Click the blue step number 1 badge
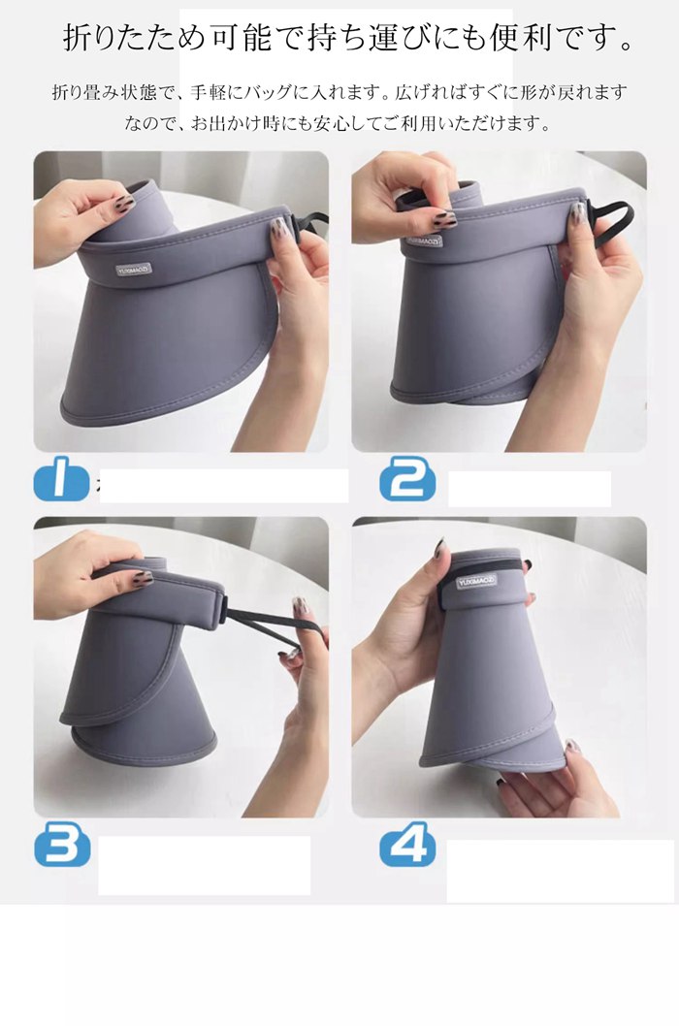[60, 479]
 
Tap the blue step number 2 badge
[407, 479]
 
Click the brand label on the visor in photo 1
[133, 270]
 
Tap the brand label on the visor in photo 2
[423, 240]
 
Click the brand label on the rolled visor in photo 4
[476, 581]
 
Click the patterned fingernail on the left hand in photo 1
[124, 202]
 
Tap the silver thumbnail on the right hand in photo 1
[279, 228]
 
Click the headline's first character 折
[78, 38]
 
